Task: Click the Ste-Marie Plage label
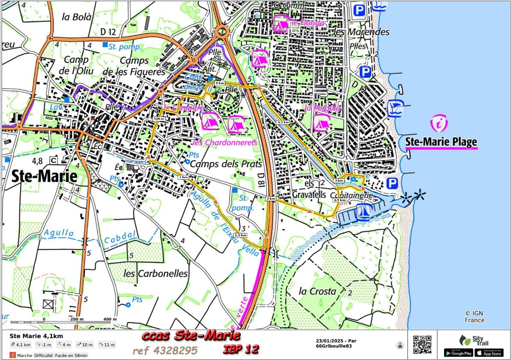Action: [x=441, y=142]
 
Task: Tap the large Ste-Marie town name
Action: [x=45, y=176]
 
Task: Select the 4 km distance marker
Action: [x=220, y=83]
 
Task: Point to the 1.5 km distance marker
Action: [x=240, y=235]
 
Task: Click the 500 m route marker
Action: [x=159, y=118]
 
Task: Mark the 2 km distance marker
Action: [x=270, y=199]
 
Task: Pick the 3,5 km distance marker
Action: [x=283, y=122]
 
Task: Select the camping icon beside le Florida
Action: [x=281, y=23]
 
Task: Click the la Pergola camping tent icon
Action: [x=321, y=123]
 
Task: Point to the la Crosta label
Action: [x=317, y=291]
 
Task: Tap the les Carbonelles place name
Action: [x=155, y=273]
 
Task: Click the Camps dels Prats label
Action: [x=226, y=164]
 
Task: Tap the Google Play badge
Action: [x=458, y=353]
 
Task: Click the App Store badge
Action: [x=489, y=353]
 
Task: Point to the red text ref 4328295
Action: [x=165, y=351]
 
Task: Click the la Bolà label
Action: [x=77, y=17]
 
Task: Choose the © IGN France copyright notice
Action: [x=474, y=317]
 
